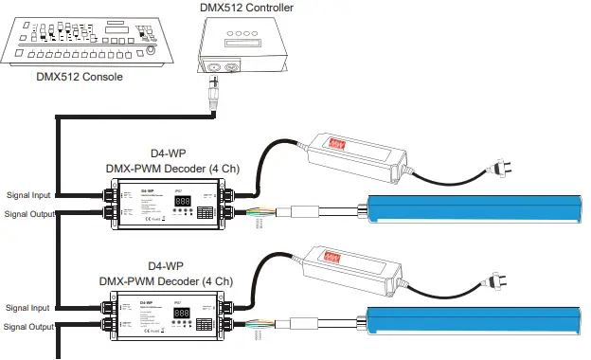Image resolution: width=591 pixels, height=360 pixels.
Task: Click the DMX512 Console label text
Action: pos(79,77)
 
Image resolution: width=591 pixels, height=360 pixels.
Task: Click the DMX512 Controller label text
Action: pos(246,8)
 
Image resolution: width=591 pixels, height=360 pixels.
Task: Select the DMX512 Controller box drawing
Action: pos(242,49)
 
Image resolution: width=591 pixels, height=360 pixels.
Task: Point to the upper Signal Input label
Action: pos(27,195)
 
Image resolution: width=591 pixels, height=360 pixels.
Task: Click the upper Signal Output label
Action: pos(29,214)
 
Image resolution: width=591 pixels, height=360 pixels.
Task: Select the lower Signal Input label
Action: pos(27,308)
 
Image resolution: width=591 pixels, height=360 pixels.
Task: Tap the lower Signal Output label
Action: pos(29,327)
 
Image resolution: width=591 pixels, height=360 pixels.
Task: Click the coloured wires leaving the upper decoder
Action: pos(265,212)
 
